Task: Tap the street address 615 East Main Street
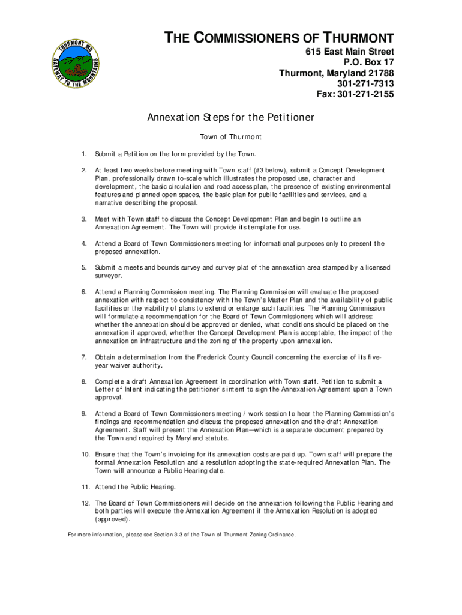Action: click(x=350, y=52)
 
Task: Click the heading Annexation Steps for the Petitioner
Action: click(x=231, y=118)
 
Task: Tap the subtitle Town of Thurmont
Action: click(x=230, y=137)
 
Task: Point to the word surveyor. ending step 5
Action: click(x=109, y=276)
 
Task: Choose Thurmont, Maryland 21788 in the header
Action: click(x=337, y=73)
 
